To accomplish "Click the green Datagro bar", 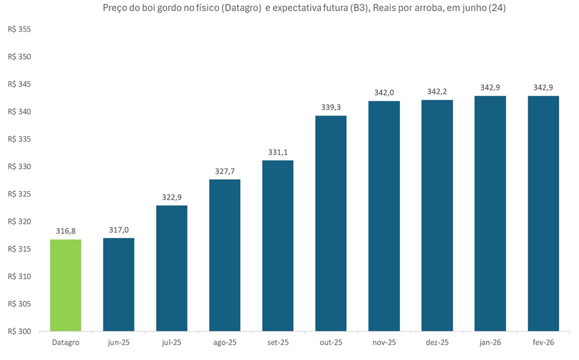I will tap(65, 285).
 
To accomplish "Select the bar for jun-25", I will tap(118, 284).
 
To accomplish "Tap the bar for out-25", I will tap(331, 223).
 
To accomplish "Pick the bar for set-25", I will tap(277, 246).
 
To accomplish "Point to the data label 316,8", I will tap(65, 231).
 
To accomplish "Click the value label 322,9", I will tap(172, 197).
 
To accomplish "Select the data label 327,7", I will tap(225, 171).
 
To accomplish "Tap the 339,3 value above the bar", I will tap(331, 108).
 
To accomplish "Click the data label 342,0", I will tap(384, 93).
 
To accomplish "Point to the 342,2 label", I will tap(437, 92).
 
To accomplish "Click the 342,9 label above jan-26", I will tap(490, 88).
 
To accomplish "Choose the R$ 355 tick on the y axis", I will tap(20, 30).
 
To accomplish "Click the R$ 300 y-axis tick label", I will tap(20, 331).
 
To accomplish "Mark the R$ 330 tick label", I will tap(20, 167).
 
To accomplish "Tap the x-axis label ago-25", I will tap(225, 343).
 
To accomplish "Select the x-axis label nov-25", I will tap(384, 343).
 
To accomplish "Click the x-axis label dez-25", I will tap(437, 343).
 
